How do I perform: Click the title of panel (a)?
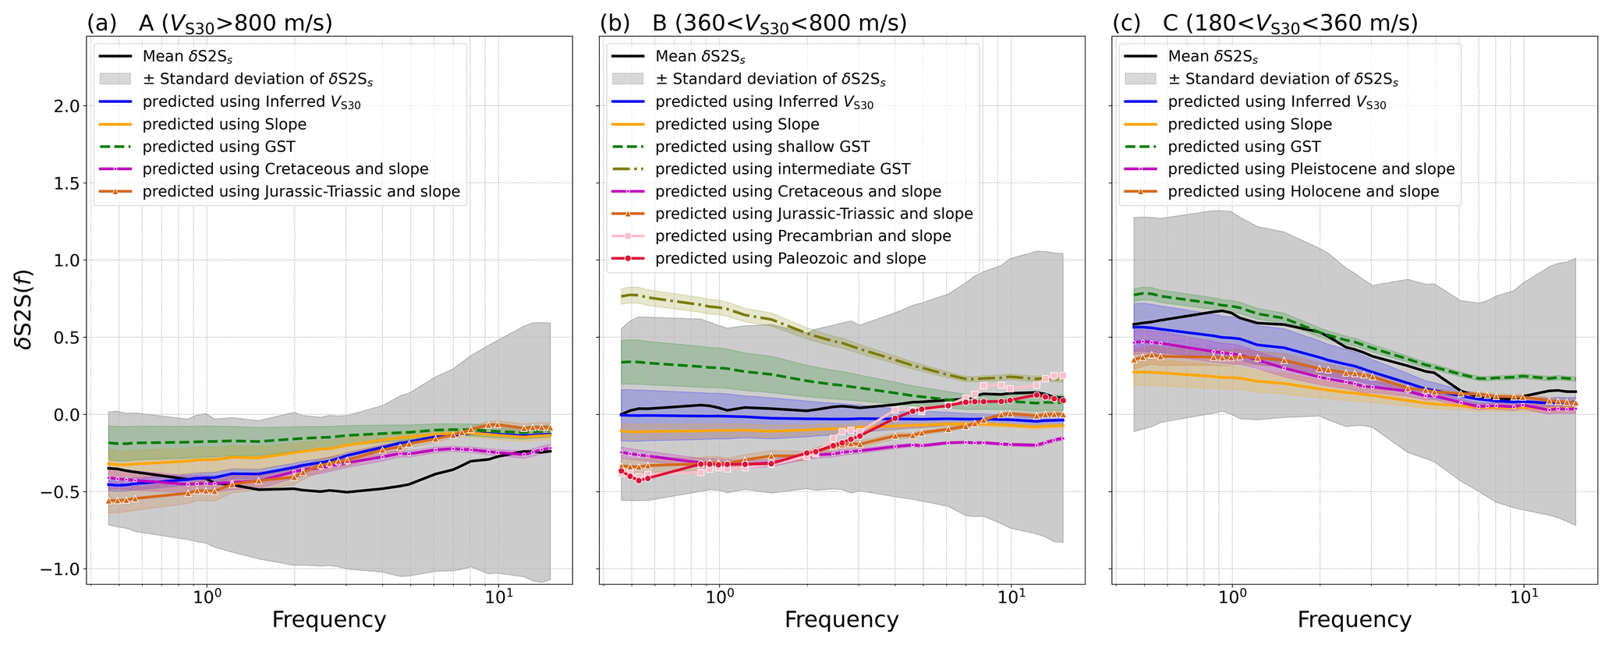pyautogui.click(x=210, y=23)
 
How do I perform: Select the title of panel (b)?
pyautogui.click(x=753, y=23)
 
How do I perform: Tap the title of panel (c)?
pyautogui.click(x=1264, y=23)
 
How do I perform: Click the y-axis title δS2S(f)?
pyautogui.click(x=26, y=309)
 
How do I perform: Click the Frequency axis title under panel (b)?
pyautogui.click(x=841, y=620)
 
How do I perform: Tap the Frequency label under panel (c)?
pyautogui.click(x=1355, y=620)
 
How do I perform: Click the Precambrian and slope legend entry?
pyautogui.click(x=803, y=236)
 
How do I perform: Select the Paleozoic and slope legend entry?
pyautogui.click(x=791, y=259)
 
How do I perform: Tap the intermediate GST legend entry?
pyautogui.click(x=783, y=169)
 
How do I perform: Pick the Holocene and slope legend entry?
pyautogui.click(x=1303, y=192)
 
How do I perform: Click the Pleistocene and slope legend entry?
pyautogui.click(x=1311, y=169)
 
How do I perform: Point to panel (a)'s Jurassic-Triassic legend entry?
pyautogui.click(x=301, y=192)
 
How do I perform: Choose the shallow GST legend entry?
pyautogui.click(x=763, y=147)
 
